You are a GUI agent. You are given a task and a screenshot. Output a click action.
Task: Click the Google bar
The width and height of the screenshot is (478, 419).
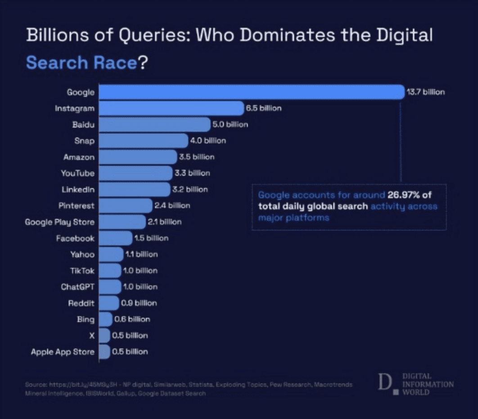click(x=251, y=92)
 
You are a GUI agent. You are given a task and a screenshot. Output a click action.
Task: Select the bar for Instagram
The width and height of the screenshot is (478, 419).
click(x=171, y=108)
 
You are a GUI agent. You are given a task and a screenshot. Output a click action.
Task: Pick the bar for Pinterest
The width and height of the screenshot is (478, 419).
click(x=125, y=205)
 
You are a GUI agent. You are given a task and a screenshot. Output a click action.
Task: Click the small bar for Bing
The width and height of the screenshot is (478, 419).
click(x=105, y=319)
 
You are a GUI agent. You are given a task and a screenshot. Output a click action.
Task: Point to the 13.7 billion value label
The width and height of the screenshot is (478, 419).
click(x=426, y=92)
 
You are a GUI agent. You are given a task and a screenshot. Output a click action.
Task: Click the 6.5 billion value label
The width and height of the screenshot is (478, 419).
click(x=264, y=108)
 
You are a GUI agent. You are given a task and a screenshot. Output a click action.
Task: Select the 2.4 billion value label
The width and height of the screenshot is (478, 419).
click(x=172, y=205)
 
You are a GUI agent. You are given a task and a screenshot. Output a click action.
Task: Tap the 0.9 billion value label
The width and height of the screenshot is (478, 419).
click(x=139, y=303)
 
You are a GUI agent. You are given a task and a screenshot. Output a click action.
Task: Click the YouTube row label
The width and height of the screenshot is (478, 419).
click(x=78, y=173)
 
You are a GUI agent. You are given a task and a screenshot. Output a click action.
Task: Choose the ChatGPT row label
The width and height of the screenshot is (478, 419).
click(x=77, y=287)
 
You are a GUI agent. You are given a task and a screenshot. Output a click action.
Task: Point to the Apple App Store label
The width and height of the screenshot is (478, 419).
click(x=63, y=351)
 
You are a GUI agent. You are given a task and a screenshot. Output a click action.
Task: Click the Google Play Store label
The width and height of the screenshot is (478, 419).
click(x=60, y=222)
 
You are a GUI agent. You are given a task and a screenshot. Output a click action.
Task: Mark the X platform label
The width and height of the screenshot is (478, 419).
click(x=92, y=335)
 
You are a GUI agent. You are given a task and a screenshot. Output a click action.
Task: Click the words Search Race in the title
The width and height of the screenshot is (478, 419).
click(x=81, y=63)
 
